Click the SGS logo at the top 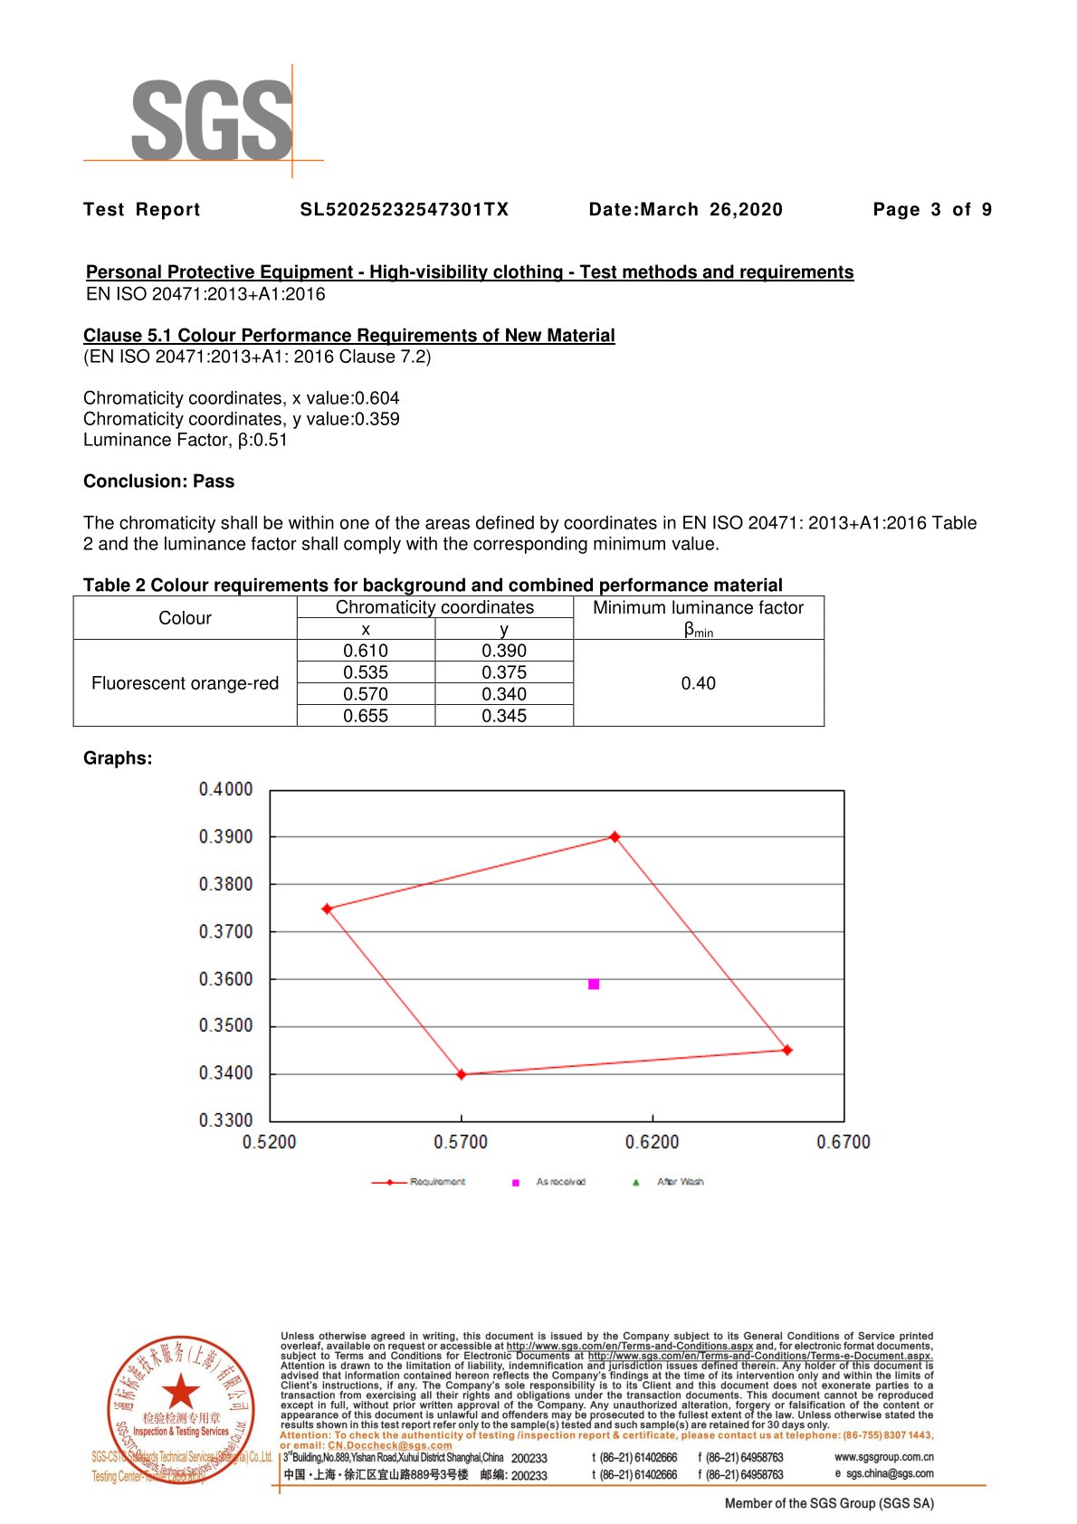coord(213,120)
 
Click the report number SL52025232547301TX coord(405,210)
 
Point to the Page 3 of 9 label coord(932,210)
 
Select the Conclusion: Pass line coord(158,481)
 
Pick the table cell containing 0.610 coord(366,651)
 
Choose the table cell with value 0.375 coord(504,672)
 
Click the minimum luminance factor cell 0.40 coord(698,683)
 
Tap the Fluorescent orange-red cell coord(185,683)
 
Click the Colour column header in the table coord(185,618)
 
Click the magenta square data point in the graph coord(594,984)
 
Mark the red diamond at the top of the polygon coord(615,837)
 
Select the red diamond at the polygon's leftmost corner coord(328,909)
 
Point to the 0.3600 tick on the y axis coord(226,979)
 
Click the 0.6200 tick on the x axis coord(652,1142)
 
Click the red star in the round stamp coord(181,1391)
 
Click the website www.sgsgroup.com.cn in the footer coord(883,1457)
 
